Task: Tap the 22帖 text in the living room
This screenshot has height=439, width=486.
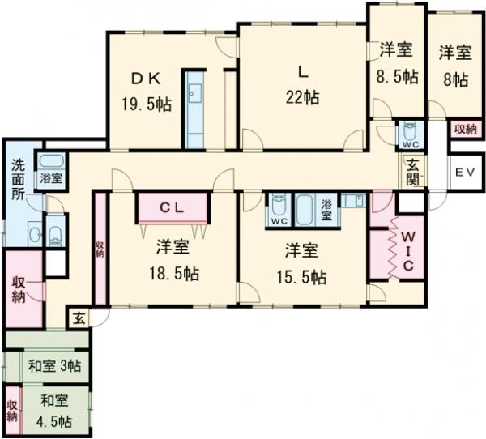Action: point(301,96)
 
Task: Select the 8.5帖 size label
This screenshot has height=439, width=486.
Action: point(398,78)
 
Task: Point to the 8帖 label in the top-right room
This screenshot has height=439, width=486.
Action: point(455,79)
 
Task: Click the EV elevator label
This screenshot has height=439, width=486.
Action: point(464,172)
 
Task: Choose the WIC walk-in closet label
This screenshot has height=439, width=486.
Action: point(409,250)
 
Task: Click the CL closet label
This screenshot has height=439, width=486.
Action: point(173,207)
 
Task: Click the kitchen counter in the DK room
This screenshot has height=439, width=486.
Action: point(195,113)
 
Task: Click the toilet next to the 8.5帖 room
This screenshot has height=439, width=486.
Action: point(410,131)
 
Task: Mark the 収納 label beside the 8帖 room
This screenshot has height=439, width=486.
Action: point(464,129)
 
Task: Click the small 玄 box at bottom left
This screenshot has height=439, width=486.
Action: point(79,317)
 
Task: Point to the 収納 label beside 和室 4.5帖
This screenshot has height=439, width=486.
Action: point(12,410)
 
